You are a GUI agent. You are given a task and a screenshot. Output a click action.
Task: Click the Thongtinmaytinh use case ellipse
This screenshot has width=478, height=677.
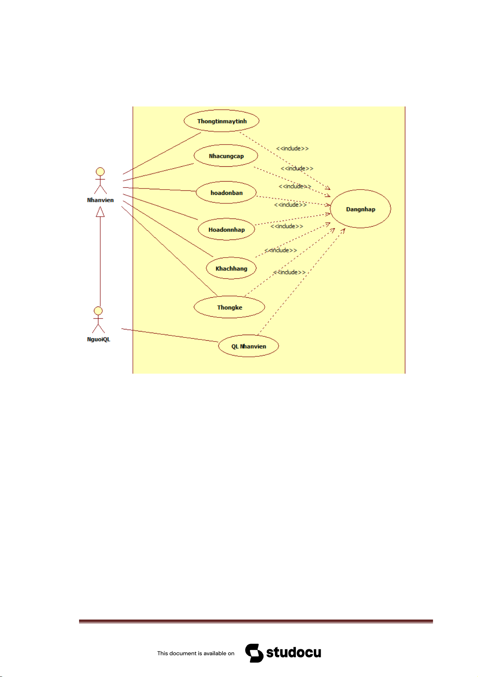221,121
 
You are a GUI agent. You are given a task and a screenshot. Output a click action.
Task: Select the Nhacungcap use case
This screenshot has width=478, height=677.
226,155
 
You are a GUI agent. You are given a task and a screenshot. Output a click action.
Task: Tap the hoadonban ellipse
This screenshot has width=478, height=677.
226,192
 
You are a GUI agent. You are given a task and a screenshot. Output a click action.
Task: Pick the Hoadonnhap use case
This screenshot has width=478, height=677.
226,229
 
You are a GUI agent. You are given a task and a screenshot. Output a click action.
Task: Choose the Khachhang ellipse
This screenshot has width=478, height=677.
231,268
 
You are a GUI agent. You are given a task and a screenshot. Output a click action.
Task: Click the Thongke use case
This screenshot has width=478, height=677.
229,307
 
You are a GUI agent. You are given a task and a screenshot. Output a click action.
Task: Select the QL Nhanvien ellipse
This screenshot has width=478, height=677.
248,346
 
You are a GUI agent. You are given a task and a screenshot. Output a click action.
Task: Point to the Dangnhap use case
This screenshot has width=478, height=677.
360,209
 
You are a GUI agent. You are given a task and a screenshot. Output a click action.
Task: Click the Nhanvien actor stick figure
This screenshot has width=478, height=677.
100,181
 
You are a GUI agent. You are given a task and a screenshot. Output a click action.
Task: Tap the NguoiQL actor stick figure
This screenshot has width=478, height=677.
98,320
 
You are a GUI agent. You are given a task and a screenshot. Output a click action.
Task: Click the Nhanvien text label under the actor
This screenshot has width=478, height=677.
100,200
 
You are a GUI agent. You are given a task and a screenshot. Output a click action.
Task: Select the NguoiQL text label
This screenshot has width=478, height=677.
98,339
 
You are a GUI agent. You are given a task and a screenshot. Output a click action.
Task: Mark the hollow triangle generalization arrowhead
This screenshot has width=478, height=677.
100,212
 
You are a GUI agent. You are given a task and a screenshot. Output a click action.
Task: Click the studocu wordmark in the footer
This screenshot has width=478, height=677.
293,652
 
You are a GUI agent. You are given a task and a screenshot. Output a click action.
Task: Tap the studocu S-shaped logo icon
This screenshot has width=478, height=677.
254,653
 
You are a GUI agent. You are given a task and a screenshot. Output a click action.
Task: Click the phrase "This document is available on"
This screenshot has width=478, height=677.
195,653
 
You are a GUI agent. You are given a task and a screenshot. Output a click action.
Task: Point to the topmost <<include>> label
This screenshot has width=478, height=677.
292,148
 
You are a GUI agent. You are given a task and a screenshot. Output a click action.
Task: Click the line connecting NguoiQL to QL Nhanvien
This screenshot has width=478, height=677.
170,335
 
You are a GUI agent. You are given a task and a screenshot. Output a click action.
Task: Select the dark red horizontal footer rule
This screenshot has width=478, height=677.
256,621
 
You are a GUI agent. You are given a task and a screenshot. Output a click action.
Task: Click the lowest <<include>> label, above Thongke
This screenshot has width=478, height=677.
289,272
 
